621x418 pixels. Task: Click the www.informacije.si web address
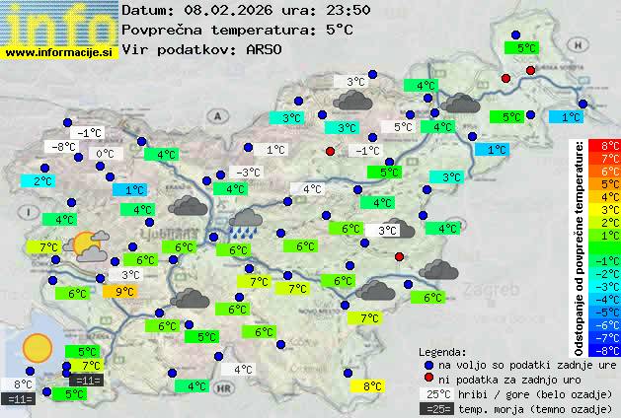pos(59,51)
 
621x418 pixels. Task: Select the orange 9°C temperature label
pos(124,291)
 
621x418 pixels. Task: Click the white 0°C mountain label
pos(104,154)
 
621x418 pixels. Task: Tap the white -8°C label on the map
pos(64,147)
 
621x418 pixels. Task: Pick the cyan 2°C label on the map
pos(42,181)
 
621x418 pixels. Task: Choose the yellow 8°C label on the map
pos(371,386)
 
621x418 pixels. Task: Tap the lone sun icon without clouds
pos(38,347)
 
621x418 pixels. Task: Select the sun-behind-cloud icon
pos(90,245)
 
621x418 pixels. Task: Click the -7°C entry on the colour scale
pos(610,337)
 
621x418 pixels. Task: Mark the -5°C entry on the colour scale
pos(610,312)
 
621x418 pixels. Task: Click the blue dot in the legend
pos(427,364)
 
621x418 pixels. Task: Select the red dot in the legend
pos(427,379)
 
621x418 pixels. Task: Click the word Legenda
pos(442,351)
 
